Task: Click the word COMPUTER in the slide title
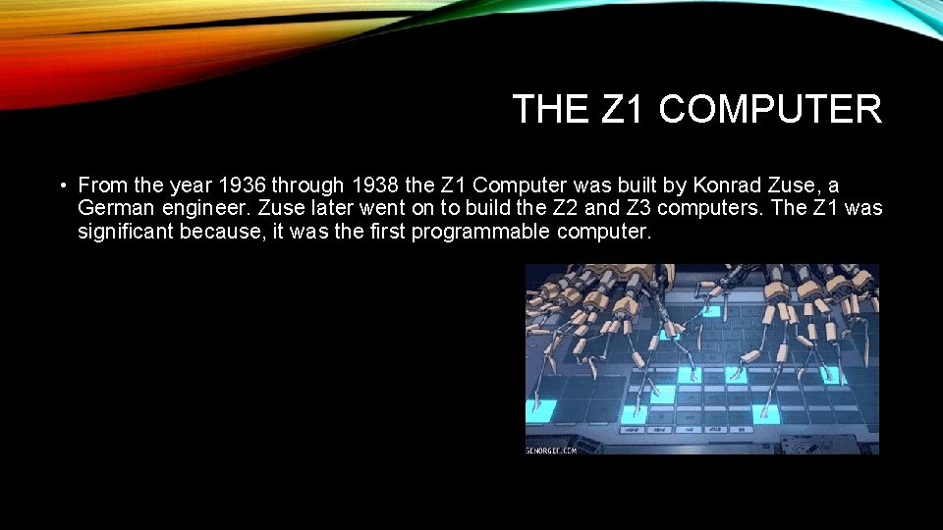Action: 770,109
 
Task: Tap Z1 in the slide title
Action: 622,109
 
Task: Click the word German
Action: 113,208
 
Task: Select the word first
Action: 387,233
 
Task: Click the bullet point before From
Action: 61,185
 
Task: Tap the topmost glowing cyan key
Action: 709,311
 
